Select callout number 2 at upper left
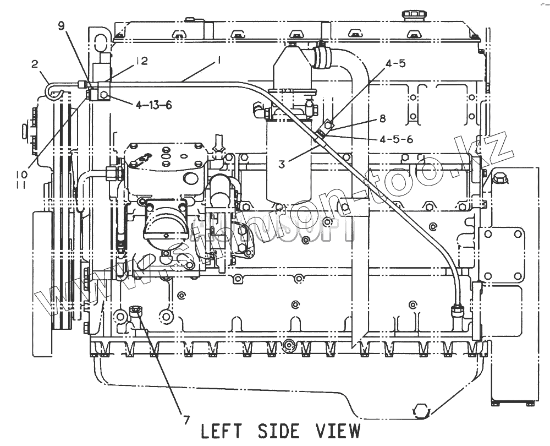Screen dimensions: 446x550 pyautogui.click(x=35, y=64)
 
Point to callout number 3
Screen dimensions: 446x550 pyautogui.click(x=281, y=163)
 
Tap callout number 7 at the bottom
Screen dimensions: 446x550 pyautogui.click(x=186, y=420)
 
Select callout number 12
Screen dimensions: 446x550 pyautogui.click(x=141, y=61)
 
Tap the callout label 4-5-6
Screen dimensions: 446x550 pyautogui.click(x=395, y=139)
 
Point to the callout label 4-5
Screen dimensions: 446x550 pyautogui.click(x=395, y=64)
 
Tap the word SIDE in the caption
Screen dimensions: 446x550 pyautogui.click(x=280, y=431)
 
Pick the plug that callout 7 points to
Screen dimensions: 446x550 pyautogui.click(x=136, y=312)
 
